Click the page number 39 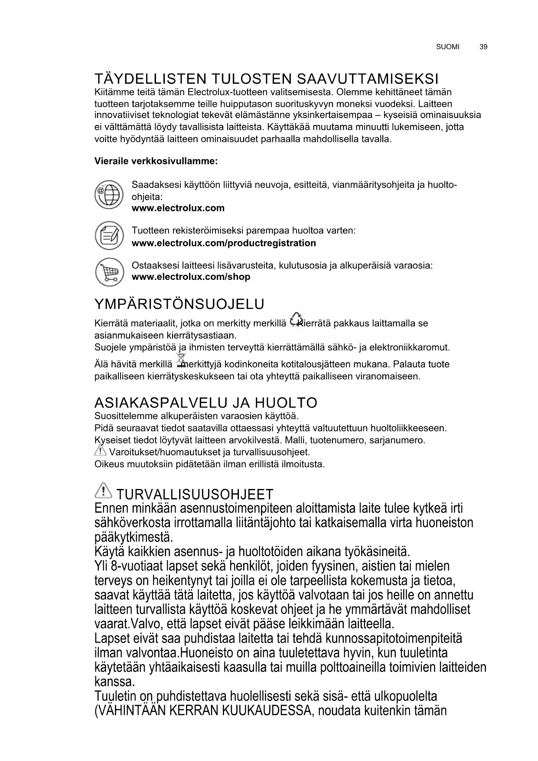pos(483,47)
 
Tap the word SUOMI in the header pos(448,47)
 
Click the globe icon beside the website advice pos(109,195)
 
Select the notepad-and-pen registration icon pos(109,235)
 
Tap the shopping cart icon pos(109,272)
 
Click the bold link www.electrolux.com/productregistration pos(224,243)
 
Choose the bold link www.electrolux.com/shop pos(191,277)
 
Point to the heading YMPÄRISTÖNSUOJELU pos(179,304)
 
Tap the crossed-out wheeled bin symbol pos(179,360)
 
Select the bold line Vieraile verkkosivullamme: pos(156,161)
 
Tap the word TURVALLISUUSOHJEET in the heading pos(195,494)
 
